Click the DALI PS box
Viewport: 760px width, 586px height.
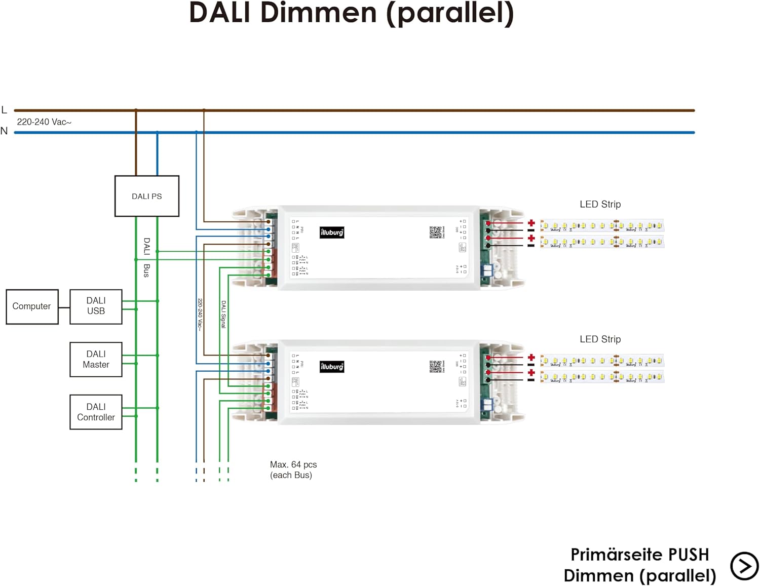pos(147,196)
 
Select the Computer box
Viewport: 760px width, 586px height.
pos(32,306)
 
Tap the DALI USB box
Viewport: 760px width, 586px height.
pos(96,306)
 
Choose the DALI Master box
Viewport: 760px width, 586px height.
pos(96,360)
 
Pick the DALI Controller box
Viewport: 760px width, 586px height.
pos(96,412)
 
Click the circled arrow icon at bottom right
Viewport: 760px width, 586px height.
pos(744,566)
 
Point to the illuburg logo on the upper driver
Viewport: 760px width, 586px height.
pos(332,232)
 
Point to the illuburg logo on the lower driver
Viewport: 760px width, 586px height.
pos(332,367)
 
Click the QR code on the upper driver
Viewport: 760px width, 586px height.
pos(435,232)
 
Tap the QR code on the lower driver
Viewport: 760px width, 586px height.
pos(435,366)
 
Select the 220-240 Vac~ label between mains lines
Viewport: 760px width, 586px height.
pos(44,122)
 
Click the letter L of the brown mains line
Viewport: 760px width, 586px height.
pos(5,110)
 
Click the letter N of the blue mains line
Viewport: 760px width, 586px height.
pos(5,131)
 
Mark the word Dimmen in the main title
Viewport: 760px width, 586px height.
pos(318,13)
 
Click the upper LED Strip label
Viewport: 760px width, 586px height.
pos(600,204)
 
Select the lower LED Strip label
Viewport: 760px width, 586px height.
pos(600,339)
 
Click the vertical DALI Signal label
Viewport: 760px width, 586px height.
pos(223,314)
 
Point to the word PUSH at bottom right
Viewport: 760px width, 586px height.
pos(688,555)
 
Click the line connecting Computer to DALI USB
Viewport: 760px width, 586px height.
pos(64,307)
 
